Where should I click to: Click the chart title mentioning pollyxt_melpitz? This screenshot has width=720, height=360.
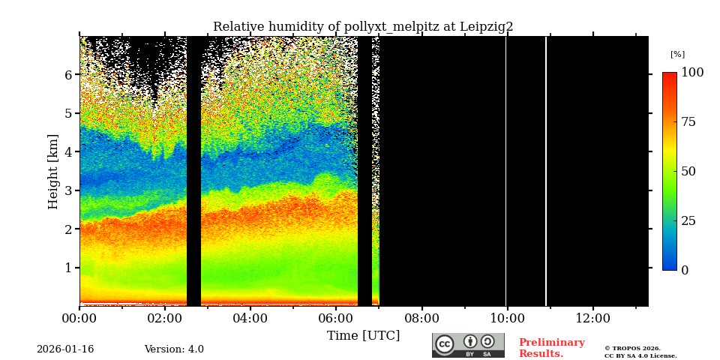click(363, 27)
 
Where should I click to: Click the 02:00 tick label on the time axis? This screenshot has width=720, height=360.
click(164, 318)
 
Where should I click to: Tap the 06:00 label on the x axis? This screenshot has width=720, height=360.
click(335, 318)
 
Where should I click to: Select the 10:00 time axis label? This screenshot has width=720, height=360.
click(507, 318)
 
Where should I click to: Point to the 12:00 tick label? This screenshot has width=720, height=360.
click(593, 318)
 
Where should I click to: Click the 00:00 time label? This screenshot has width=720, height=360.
click(79, 318)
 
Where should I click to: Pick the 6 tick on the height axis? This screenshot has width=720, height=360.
click(68, 75)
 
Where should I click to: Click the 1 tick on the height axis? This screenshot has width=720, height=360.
click(68, 268)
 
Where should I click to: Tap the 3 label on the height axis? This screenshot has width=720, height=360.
click(68, 190)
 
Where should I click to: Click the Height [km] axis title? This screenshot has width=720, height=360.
click(53, 171)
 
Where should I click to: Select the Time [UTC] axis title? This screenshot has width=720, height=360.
click(363, 335)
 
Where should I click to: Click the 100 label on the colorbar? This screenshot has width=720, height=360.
click(692, 73)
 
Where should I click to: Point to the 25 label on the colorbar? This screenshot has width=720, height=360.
click(688, 220)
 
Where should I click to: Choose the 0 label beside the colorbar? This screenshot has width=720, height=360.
click(685, 270)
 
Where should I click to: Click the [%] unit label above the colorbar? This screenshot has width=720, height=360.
click(677, 55)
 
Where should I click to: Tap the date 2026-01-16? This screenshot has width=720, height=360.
click(65, 349)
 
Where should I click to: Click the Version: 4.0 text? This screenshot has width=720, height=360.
click(174, 349)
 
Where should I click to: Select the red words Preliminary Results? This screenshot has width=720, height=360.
click(551, 348)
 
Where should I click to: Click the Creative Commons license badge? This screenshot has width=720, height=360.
click(468, 345)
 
